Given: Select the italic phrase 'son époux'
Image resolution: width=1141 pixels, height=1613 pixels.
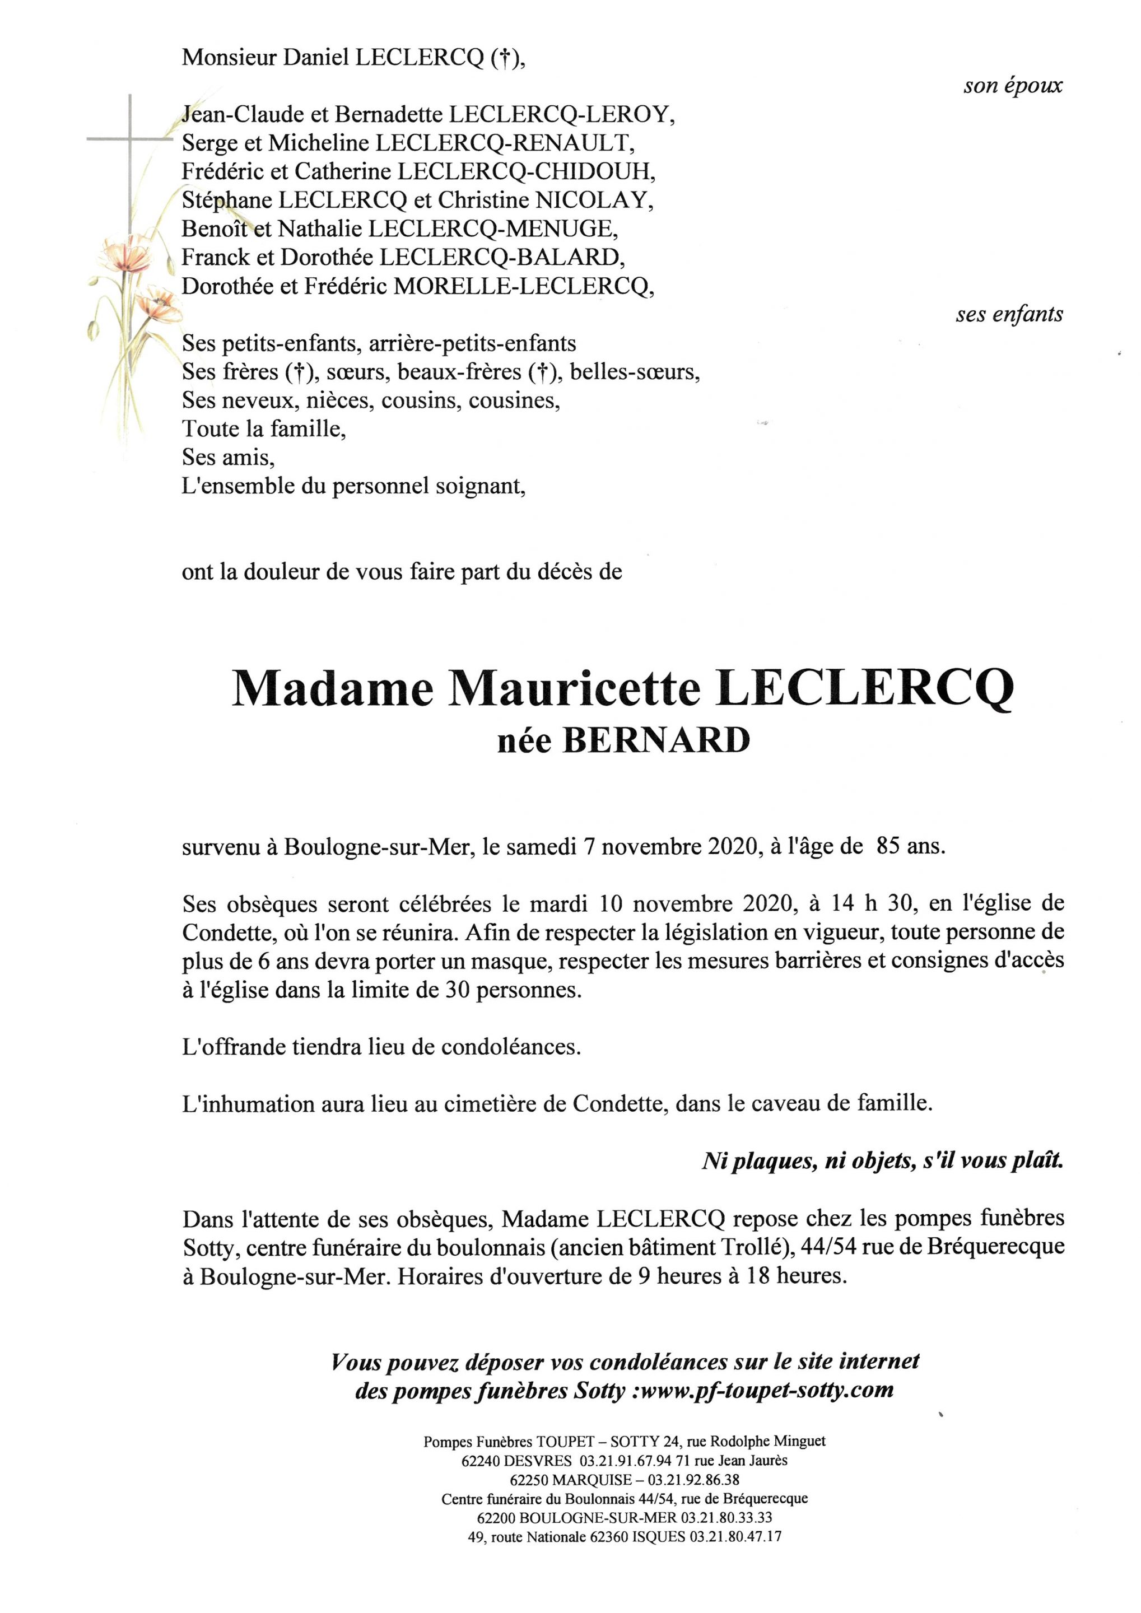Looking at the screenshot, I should [x=1012, y=86].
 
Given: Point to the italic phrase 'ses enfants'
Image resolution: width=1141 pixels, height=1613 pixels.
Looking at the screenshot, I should [x=1009, y=315].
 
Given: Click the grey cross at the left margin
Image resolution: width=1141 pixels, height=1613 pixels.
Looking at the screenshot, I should [x=131, y=141].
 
